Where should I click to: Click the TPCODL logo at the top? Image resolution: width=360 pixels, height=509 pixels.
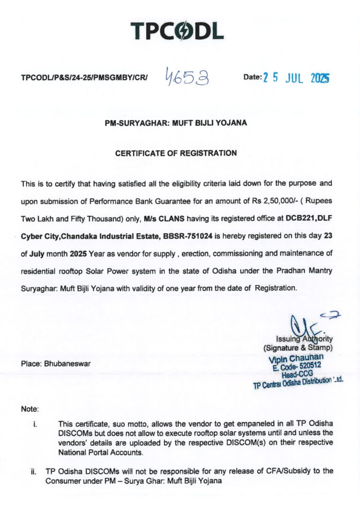(177, 30)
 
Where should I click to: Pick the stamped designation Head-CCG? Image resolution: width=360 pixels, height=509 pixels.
(297, 375)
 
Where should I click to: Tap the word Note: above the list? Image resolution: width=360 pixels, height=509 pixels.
(30, 409)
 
